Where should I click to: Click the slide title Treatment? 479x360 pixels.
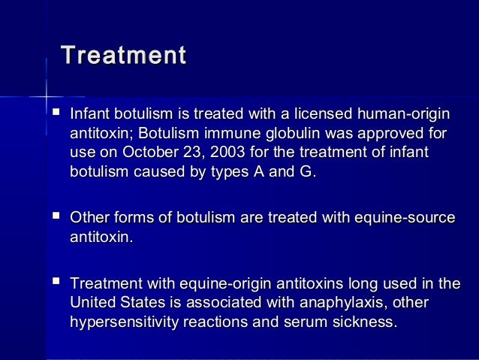[x=123, y=57]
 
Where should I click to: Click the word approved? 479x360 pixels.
[x=390, y=135]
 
